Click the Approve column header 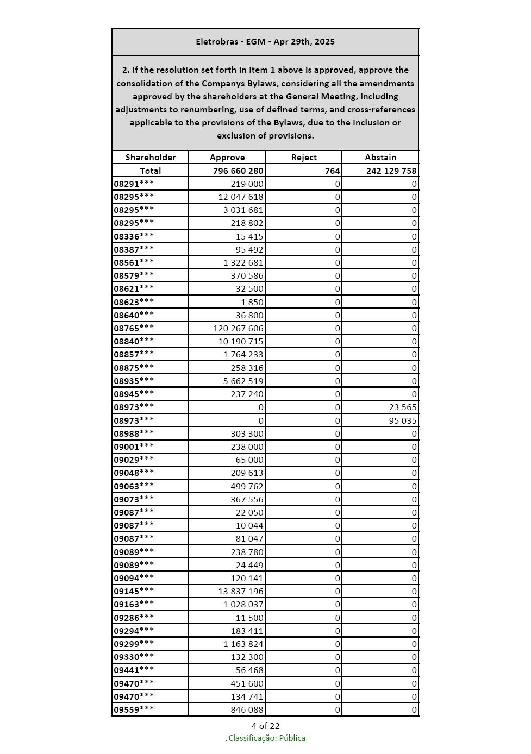(227, 158)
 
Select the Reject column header (304, 158)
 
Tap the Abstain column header (380, 158)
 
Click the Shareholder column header (151, 158)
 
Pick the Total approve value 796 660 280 (238, 171)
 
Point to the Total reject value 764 (333, 171)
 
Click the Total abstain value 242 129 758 (391, 171)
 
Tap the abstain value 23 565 (403, 407)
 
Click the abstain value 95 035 (403, 420)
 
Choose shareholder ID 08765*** (134, 328)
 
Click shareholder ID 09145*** (134, 591)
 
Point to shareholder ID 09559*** (134, 709)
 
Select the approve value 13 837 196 (241, 591)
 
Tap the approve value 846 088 (247, 709)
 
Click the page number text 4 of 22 (265, 726)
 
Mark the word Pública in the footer (292, 738)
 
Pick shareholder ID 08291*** (134, 184)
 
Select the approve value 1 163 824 (243, 644)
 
